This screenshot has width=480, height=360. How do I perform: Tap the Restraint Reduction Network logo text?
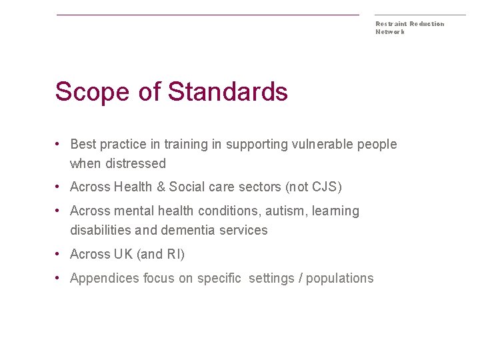point(409,27)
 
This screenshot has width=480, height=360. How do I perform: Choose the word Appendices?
point(105,278)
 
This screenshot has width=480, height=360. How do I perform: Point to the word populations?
point(342,278)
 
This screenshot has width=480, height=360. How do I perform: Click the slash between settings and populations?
point(301,278)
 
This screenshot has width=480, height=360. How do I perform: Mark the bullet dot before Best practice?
point(59,144)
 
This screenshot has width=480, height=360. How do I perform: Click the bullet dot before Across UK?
point(59,254)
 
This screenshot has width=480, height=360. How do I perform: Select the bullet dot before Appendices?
point(59,278)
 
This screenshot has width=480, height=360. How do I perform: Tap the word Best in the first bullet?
point(83,144)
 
